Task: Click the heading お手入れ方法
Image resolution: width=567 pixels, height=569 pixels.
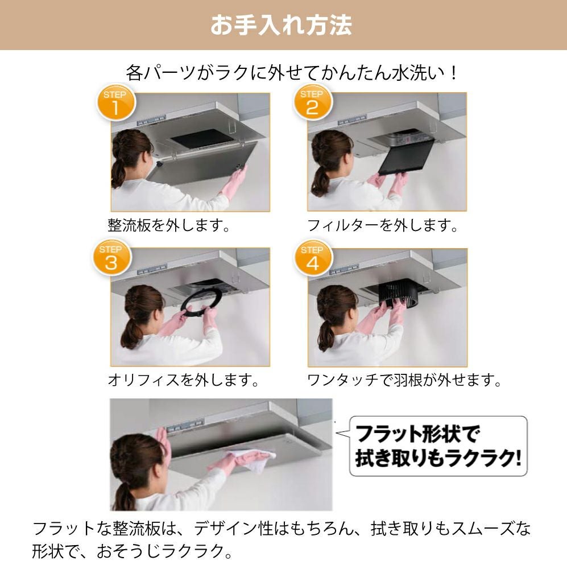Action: click(x=281, y=25)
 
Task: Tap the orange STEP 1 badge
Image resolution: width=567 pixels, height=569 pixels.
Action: click(x=115, y=103)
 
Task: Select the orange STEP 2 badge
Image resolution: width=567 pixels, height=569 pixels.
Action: click(x=312, y=102)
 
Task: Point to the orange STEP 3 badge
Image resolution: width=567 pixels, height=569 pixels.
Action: click(x=111, y=258)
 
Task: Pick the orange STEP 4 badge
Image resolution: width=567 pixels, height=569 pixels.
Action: click(x=313, y=259)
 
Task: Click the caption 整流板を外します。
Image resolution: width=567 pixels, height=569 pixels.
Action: click(x=169, y=225)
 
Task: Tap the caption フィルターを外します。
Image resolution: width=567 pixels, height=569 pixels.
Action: click(x=382, y=225)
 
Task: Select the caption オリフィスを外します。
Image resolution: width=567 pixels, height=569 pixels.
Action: click(x=183, y=380)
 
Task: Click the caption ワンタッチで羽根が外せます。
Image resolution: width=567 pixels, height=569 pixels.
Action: click(x=404, y=380)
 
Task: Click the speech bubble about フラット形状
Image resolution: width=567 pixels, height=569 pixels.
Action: click(x=438, y=446)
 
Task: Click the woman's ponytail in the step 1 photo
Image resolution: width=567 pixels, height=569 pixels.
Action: click(x=119, y=174)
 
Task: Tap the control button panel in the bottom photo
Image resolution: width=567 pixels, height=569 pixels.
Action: click(x=185, y=425)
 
